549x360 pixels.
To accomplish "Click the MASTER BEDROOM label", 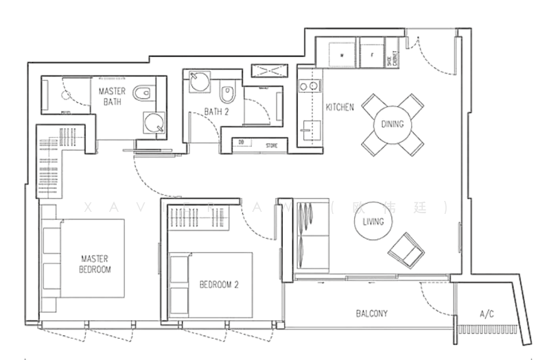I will click(96, 264).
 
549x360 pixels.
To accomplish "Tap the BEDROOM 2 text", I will click(219, 284).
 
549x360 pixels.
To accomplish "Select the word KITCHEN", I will click(339, 108).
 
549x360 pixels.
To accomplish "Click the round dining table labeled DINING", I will click(393, 124).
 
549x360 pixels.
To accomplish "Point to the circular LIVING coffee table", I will click(373, 222).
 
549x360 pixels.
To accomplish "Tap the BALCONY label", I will click(372, 313).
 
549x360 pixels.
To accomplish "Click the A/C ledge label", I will click(486, 314).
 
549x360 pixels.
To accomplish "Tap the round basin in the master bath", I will click(154, 123).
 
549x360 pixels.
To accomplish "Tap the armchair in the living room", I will click(406, 250).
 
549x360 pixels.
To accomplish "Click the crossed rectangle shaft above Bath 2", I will click(265, 71).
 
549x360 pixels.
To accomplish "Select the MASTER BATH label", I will click(111, 97).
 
